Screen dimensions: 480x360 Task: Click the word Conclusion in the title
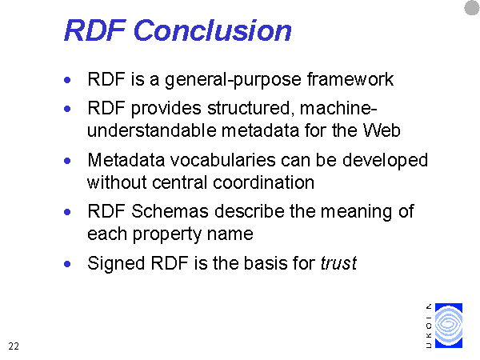coord(213,30)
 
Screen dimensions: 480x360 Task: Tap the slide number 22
coord(14,346)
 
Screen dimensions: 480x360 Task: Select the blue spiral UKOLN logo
coord(449,326)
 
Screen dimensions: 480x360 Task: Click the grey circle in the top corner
coord(472,8)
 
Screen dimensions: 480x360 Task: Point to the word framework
coord(350,79)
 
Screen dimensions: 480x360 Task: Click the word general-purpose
coord(234,80)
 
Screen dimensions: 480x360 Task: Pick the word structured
coord(249,109)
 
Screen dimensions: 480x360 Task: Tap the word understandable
coord(151,130)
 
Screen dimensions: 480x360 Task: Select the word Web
coord(382,130)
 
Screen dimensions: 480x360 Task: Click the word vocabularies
coord(223,160)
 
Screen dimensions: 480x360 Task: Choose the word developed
coord(385,161)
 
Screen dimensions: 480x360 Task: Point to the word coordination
coord(263,182)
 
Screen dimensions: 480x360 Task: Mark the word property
coord(167,235)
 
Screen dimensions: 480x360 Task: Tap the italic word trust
coord(338,263)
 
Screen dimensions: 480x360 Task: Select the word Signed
coord(116,264)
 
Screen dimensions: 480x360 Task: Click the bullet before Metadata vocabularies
coord(67,161)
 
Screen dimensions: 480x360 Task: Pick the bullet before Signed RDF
coord(67,264)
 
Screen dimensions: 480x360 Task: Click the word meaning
coord(356,212)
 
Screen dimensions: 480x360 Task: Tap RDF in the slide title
coord(95,30)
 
